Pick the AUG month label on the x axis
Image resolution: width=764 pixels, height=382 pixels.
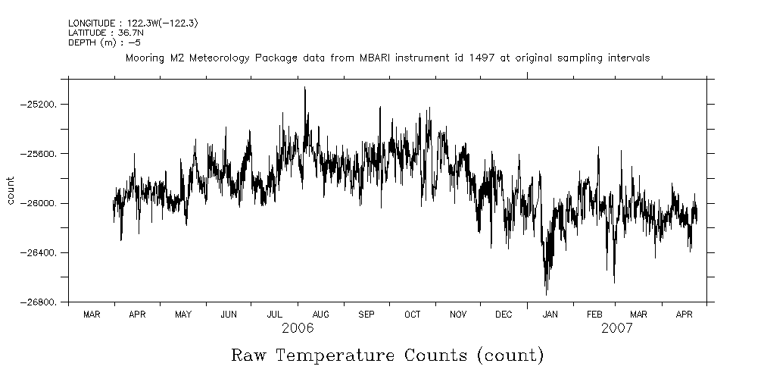[x=320, y=314]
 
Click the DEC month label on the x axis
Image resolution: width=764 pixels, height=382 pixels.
[x=504, y=314]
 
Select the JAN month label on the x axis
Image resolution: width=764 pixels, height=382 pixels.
[x=550, y=314]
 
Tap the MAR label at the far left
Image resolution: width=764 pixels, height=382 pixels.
[x=92, y=314]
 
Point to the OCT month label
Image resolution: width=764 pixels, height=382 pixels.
[x=412, y=314]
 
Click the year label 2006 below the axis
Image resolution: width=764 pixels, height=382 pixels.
[x=298, y=329]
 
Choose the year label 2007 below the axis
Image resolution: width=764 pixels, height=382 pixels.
[x=617, y=329]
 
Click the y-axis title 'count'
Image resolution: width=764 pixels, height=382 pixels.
[x=11, y=190]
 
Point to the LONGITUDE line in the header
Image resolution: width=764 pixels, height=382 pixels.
[x=133, y=23]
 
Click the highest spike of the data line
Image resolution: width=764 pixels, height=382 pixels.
[x=304, y=89]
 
